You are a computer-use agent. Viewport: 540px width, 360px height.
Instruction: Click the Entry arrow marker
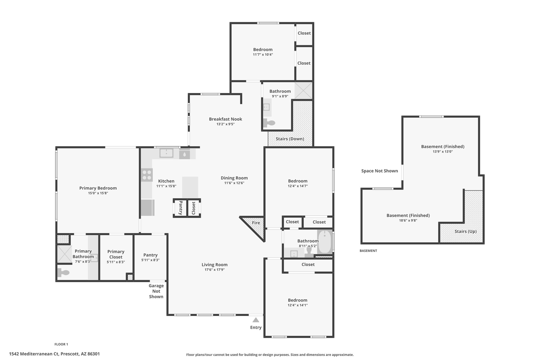point(256,320)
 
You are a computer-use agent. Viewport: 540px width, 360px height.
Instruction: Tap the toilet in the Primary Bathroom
point(63,272)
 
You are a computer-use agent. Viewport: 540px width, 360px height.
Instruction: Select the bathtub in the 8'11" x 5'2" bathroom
point(325,242)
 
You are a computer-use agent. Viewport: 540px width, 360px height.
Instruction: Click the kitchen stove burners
point(147,175)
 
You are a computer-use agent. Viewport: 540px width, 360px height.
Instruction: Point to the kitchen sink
point(166,153)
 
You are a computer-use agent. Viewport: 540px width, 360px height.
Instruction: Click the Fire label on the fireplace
point(256,223)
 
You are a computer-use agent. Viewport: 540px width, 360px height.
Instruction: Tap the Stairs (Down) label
point(290,139)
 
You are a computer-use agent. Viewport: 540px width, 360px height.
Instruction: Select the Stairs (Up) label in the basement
point(465,232)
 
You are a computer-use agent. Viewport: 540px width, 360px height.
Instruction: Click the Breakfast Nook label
point(225,119)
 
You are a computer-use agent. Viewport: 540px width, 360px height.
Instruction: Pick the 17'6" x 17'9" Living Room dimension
point(214,270)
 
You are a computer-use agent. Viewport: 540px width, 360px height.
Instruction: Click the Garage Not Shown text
point(156,291)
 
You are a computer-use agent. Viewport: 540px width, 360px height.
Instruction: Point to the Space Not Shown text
point(379,171)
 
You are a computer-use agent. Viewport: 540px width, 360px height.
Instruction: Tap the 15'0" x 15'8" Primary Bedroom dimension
point(98,193)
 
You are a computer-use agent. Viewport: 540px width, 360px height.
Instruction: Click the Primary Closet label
point(116,254)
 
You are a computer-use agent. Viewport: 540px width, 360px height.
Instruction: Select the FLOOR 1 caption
point(61,344)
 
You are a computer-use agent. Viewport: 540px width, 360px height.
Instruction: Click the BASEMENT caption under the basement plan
point(368,251)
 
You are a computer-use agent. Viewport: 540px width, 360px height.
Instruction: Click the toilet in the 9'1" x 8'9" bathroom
point(269,123)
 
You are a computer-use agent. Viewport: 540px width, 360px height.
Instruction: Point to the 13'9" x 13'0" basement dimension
point(443,152)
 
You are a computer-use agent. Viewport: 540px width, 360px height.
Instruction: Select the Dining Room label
point(234,178)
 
